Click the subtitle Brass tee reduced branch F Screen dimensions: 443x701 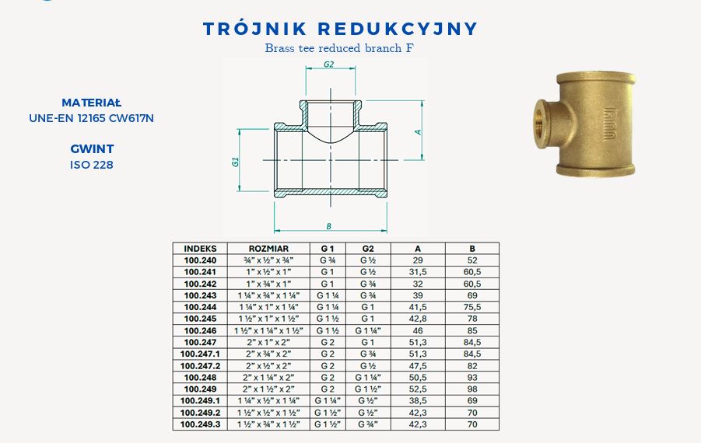[338, 47]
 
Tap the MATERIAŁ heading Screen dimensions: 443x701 [92, 102]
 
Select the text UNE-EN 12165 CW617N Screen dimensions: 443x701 [92, 117]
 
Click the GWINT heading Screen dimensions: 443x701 [92, 148]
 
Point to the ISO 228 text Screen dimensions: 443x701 [92, 164]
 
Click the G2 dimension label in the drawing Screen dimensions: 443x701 [328, 65]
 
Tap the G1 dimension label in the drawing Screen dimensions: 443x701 [235, 162]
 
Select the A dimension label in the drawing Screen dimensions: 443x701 [418, 131]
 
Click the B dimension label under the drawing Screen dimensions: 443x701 [329, 226]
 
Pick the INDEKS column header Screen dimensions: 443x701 [200, 249]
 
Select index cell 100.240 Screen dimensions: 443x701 [200, 260]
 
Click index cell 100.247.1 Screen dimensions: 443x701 [200, 354]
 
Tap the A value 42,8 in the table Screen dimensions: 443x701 [418, 319]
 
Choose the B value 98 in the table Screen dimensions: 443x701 [472, 389]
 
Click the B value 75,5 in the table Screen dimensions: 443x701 [472, 307]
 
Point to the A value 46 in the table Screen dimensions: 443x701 [418, 330]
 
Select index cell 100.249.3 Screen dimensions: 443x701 [200, 424]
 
